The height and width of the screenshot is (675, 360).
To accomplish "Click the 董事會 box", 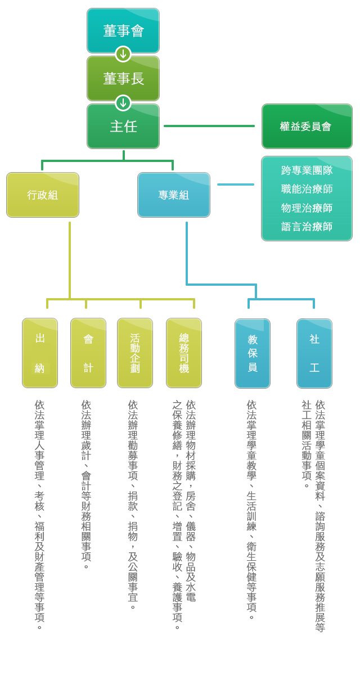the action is tap(123, 30).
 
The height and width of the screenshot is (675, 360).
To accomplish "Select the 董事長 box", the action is tap(123, 78).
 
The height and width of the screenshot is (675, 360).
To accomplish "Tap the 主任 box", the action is tap(123, 126).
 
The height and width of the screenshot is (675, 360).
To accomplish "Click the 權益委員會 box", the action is tap(307, 126).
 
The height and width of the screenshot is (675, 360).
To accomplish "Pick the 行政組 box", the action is tap(43, 195).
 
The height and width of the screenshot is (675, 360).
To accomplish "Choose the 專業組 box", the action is tap(173, 195).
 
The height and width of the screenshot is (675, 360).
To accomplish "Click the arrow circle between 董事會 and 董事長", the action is tap(123, 54).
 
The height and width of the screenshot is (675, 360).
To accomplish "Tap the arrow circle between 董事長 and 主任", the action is tap(123, 103).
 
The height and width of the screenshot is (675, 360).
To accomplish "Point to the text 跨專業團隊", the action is tap(307, 170).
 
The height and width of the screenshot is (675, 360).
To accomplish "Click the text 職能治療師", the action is tap(307, 189).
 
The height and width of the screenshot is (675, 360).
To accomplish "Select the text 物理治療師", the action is tap(307, 208).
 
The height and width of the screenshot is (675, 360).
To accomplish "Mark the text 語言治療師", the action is tap(307, 226).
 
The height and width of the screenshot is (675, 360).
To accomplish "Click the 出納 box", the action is tap(40, 353).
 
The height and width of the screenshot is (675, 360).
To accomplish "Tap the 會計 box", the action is tap(88, 353).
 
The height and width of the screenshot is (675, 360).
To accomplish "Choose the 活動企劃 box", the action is tap(135, 353).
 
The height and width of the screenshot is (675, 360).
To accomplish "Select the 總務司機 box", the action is tap(184, 353).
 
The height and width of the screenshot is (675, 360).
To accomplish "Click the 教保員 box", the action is tap(253, 353).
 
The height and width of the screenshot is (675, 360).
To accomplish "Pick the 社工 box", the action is tap(314, 353).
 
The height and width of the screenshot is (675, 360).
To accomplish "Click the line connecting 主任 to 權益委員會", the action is tap(209, 126).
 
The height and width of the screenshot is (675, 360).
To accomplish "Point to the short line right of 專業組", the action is tap(236, 184).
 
